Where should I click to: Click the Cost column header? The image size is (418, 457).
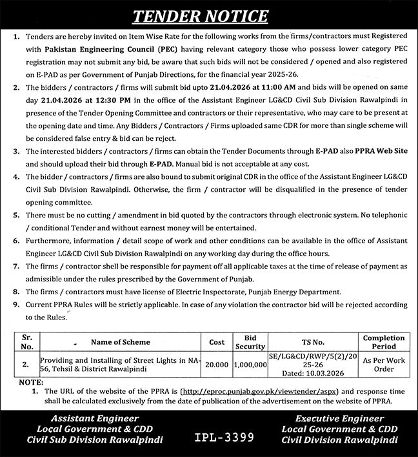click(216, 341)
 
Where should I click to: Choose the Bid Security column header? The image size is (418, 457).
click(251, 341)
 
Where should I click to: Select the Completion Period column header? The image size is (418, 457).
click(384, 341)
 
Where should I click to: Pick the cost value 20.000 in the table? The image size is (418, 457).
click(216, 364)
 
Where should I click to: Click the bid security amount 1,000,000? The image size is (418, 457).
click(250, 364)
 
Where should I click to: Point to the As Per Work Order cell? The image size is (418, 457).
click(384, 364)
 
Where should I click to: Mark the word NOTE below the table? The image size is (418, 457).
click(30, 382)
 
